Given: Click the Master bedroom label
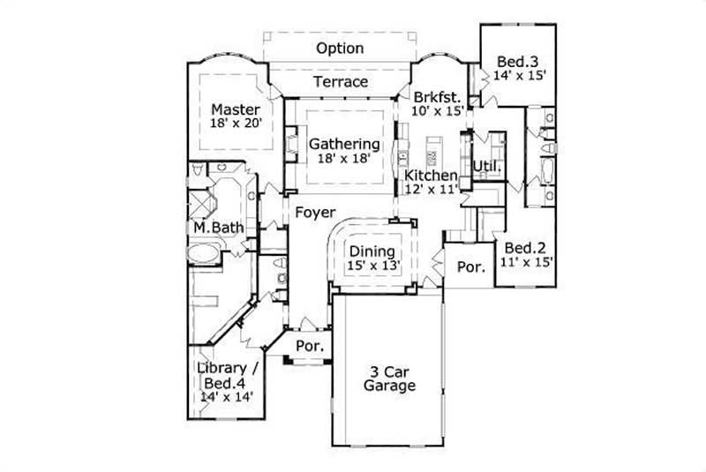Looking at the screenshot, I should coord(235,109).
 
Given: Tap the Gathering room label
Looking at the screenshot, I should coord(344,144).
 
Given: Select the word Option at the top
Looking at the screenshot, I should coord(340,48).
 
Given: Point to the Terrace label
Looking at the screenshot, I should coord(341,82).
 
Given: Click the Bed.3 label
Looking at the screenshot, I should coord(517,62).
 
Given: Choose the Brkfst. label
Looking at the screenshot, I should coord(432,97).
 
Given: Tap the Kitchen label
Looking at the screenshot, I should coord(431,175).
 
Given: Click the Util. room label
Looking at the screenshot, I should coord(486,166).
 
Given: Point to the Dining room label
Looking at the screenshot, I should coord(372,251).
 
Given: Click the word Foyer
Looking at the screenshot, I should coord(314,213).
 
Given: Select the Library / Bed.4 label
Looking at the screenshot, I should coord(227,375).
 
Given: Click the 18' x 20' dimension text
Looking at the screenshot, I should coord(235,124).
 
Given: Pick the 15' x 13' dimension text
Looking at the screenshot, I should coord(372,266).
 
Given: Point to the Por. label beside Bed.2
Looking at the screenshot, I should coord(469,266).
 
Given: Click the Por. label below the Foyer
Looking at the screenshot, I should coord(309,345).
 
